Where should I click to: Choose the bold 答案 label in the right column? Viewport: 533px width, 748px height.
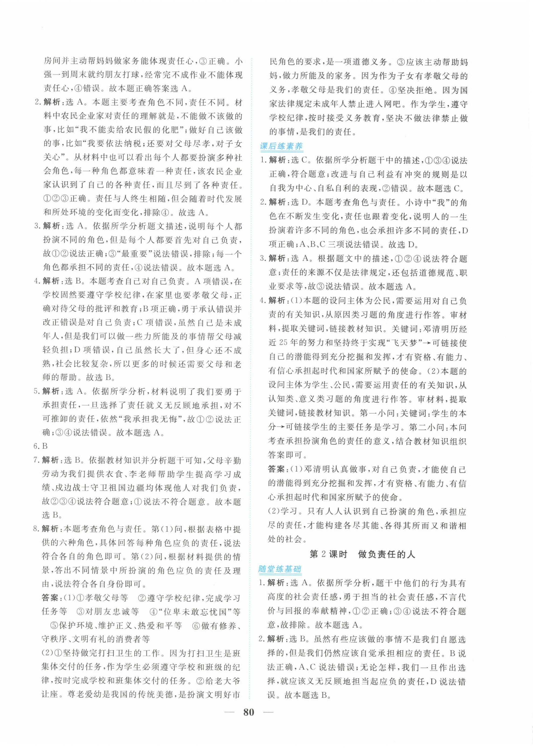276,469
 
